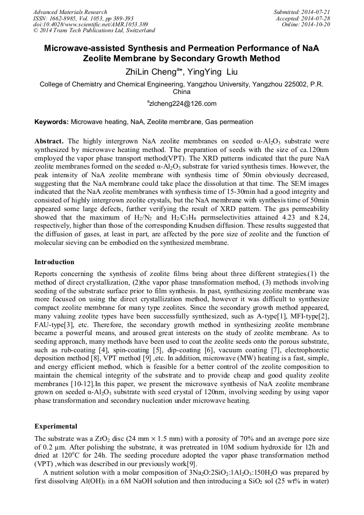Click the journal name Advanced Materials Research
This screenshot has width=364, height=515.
(x=70, y=12)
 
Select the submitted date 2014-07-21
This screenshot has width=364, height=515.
(x=317, y=12)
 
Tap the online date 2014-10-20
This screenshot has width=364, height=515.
(x=317, y=24)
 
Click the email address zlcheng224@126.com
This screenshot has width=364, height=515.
(x=182, y=103)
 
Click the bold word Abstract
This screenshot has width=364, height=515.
(x=49, y=140)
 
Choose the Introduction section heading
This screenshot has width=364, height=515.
(x=54, y=262)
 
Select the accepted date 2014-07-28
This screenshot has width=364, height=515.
(x=317, y=18)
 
